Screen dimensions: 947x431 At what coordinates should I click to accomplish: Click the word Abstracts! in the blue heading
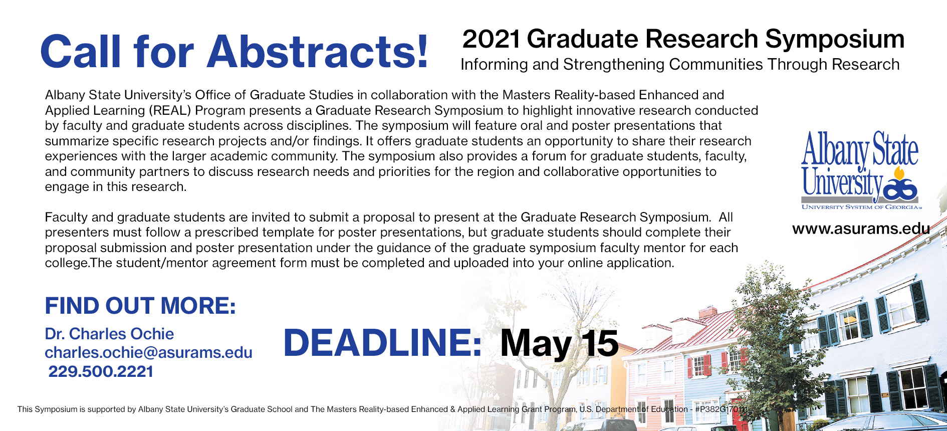[x=318, y=52]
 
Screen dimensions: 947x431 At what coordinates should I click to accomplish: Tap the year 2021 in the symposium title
[x=491, y=39]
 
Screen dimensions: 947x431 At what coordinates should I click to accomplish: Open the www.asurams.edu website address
[x=861, y=229]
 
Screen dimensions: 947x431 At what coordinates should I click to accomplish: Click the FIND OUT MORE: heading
[x=140, y=306]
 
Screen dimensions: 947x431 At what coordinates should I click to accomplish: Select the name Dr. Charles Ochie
[x=109, y=334]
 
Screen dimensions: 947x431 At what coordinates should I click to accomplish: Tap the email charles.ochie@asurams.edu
[x=149, y=352]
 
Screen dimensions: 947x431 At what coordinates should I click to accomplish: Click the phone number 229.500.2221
[x=101, y=371]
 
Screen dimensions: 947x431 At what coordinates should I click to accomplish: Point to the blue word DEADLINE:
[x=383, y=343]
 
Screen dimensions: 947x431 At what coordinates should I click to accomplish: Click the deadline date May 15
[x=559, y=344]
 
